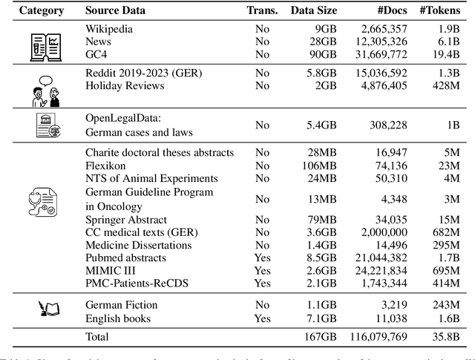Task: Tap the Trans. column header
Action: (x=261, y=11)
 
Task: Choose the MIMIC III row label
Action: (x=111, y=271)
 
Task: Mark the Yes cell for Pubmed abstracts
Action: (x=262, y=258)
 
